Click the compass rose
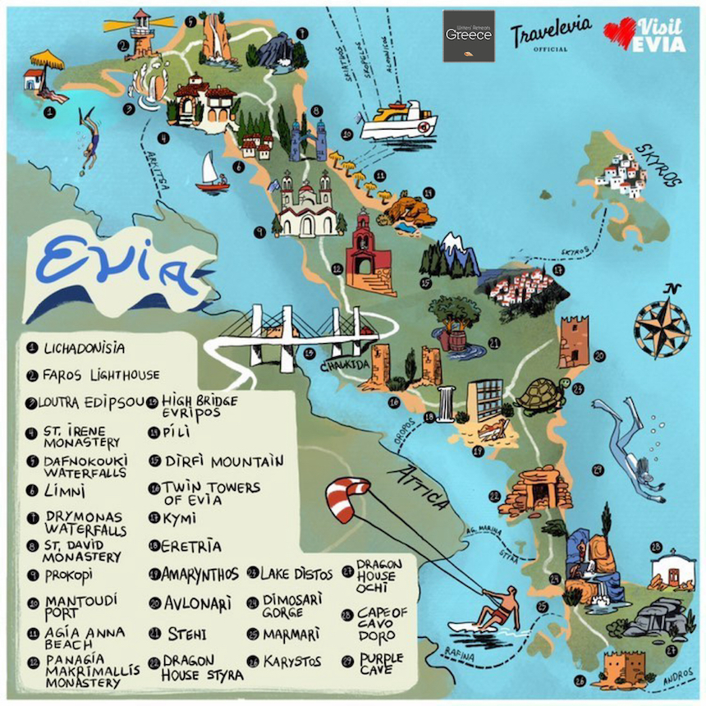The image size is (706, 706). coord(662,321)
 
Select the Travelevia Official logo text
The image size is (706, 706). coord(550,35)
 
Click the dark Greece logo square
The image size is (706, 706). coord(469,35)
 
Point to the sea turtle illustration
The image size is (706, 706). coord(540,395)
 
